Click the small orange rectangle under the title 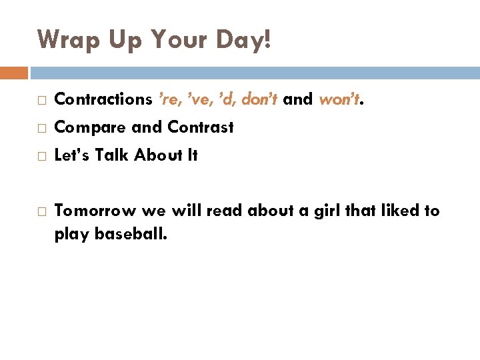[14, 73]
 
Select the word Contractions [103, 100]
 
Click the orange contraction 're [171, 100]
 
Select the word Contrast [201, 127]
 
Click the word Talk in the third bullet [112, 155]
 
